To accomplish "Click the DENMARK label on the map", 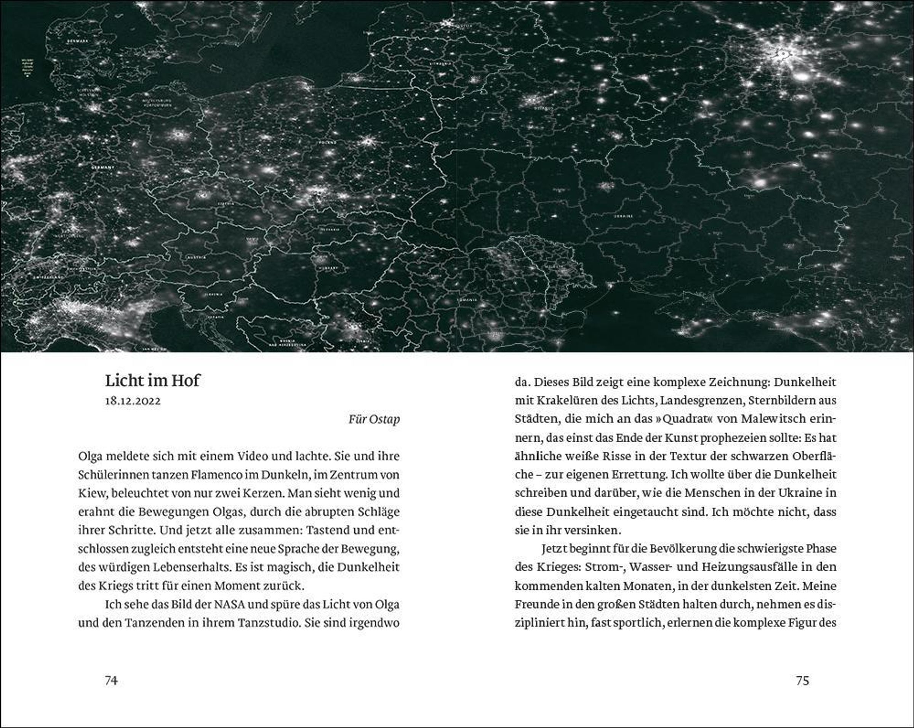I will click(x=77, y=42).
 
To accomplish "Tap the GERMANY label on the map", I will click(x=103, y=167).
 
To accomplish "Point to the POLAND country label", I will click(x=328, y=143).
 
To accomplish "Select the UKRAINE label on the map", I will click(x=624, y=216).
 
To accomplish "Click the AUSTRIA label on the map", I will click(x=196, y=257).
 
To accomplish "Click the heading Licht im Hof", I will click(x=152, y=380).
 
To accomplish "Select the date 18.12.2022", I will click(x=133, y=401).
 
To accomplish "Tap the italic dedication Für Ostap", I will click(x=374, y=419).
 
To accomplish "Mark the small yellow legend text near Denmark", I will click(x=28, y=68).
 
